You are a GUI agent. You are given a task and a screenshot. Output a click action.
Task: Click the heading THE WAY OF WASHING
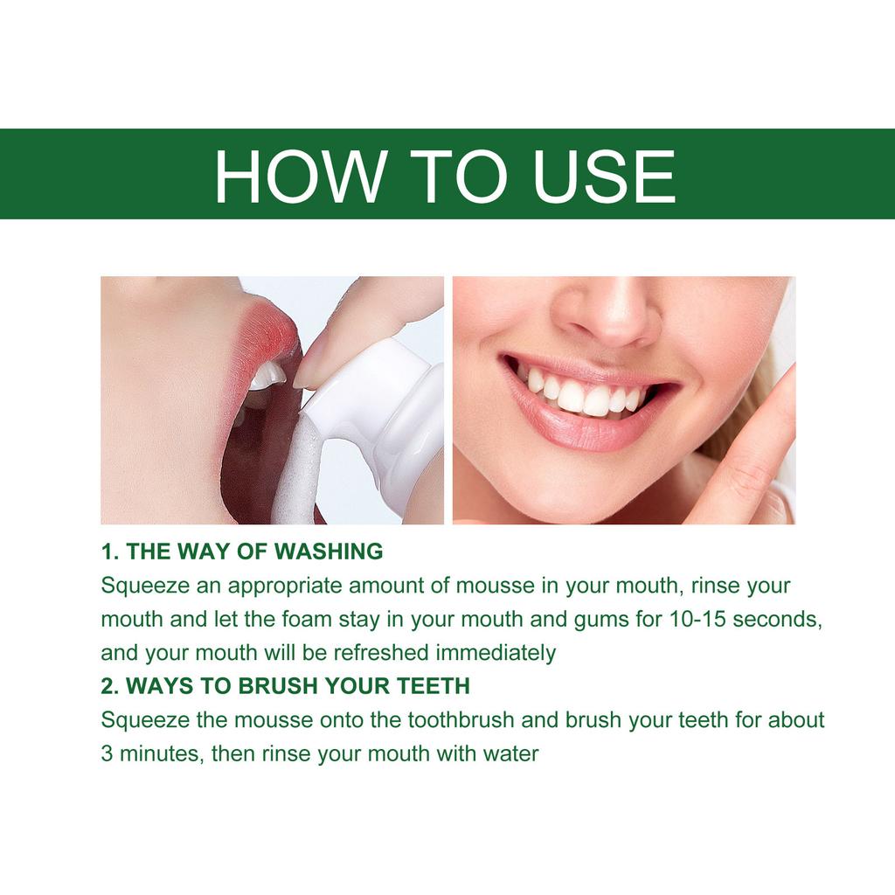(253, 552)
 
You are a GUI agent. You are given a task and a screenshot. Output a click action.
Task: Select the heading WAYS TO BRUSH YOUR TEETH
(297, 686)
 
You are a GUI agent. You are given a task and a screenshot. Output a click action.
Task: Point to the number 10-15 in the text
(698, 619)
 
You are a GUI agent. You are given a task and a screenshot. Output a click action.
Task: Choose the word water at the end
(510, 753)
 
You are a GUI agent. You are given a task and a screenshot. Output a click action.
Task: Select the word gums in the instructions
(600, 619)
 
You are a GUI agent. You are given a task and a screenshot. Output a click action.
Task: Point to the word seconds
(778, 619)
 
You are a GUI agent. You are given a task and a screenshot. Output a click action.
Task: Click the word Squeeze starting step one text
(137, 586)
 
